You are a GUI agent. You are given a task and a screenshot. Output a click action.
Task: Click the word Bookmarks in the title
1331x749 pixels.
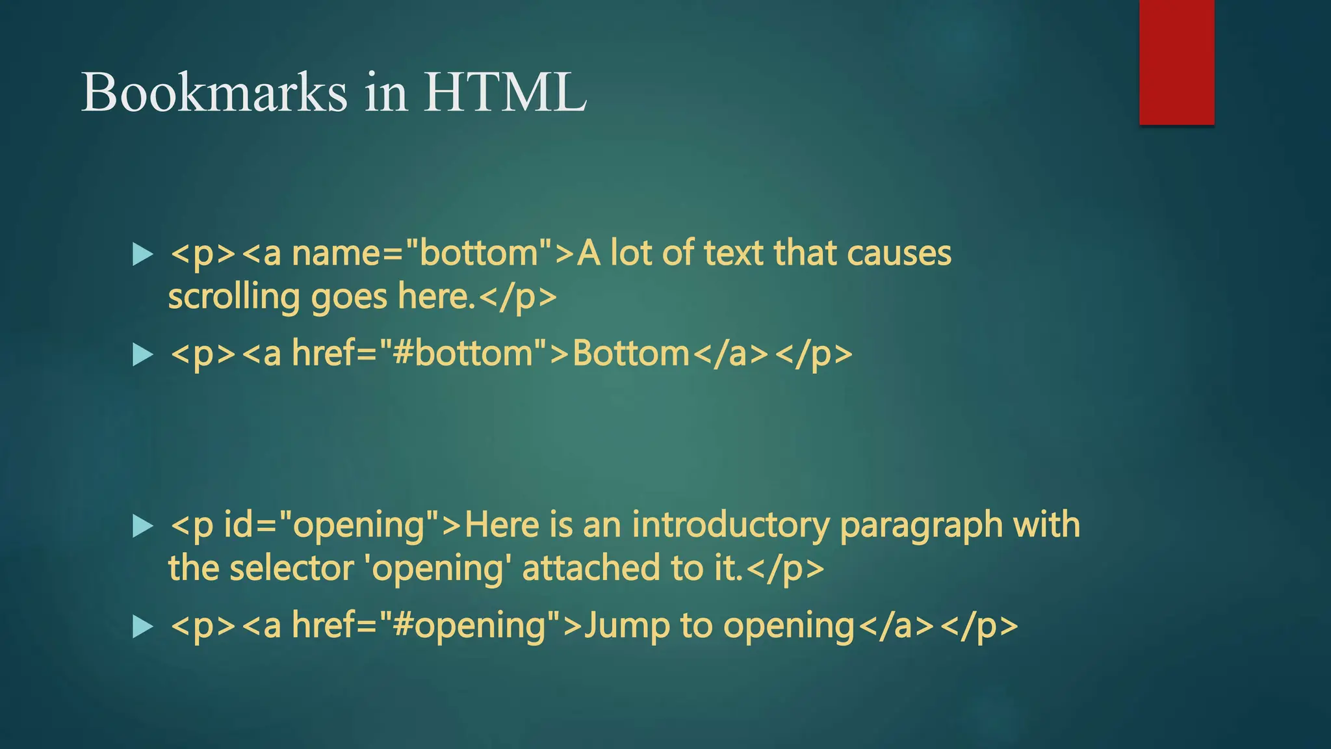(x=214, y=92)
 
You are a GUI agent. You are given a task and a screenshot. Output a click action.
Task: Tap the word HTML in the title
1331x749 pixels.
(x=506, y=92)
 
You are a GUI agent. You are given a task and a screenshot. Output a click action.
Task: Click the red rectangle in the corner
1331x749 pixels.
(x=1176, y=62)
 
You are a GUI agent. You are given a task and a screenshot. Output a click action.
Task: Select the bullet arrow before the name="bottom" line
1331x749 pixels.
(x=142, y=254)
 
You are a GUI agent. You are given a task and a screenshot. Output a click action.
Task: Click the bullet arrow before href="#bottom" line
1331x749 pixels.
(x=142, y=355)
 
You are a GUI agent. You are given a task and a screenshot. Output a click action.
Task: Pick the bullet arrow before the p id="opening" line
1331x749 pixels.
(x=142, y=526)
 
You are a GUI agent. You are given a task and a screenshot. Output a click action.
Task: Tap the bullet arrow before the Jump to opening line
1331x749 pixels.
(x=142, y=627)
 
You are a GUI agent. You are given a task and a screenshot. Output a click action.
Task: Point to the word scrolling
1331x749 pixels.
(x=233, y=298)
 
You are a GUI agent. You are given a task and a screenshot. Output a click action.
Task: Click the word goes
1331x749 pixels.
(x=349, y=298)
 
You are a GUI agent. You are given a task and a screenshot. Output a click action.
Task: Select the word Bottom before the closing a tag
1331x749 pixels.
(x=630, y=354)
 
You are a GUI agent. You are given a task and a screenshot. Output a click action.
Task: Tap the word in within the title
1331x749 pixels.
(x=386, y=92)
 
